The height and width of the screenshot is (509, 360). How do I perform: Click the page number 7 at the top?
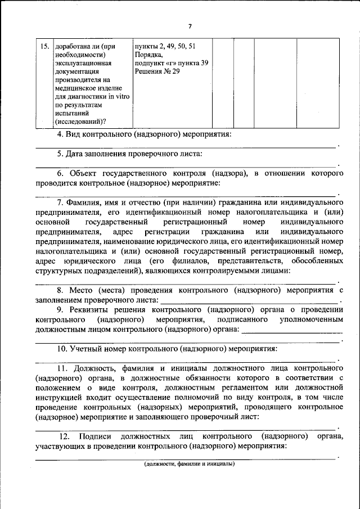190,26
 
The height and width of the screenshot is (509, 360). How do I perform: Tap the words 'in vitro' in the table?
119,96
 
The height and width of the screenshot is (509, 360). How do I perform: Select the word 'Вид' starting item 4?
74,135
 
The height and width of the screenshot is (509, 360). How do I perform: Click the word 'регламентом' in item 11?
247,388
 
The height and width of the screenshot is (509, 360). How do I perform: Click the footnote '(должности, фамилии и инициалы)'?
189,464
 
